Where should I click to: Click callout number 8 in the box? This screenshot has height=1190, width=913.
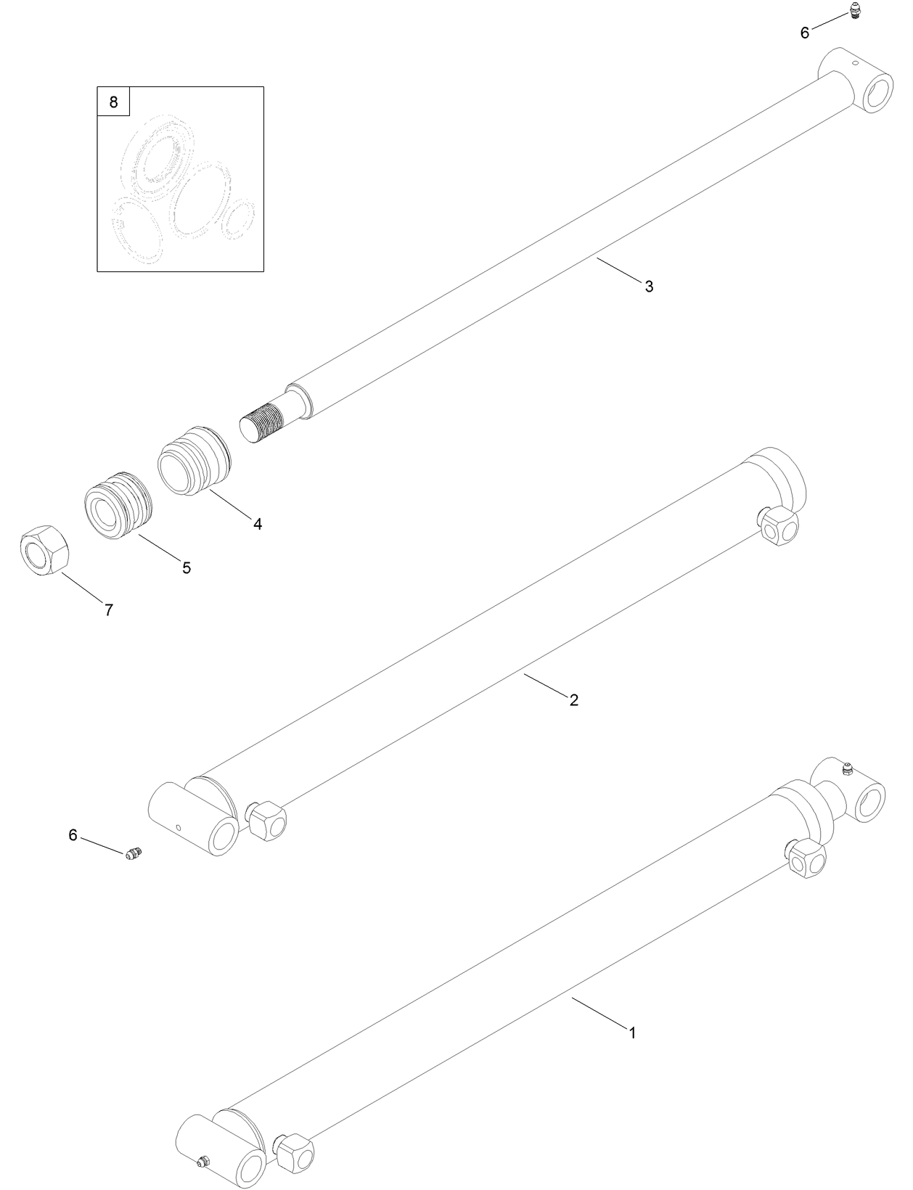pyautogui.click(x=113, y=102)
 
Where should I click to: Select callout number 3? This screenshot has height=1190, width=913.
pyautogui.click(x=649, y=287)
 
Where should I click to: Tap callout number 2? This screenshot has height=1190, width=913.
pyautogui.click(x=573, y=700)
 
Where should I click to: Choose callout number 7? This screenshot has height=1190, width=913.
pyautogui.click(x=109, y=610)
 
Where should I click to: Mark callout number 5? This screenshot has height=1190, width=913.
pyautogui.click(x=187, y=568)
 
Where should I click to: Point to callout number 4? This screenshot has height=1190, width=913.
pyautogui.click(x=258, y=523)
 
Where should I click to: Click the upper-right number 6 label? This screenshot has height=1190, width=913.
pyautogui.click(x=805, y=33)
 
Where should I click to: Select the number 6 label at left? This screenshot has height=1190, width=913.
pyautogui.click(x=73, y=835)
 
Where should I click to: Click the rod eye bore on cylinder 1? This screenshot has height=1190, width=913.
pyautogui.click(x=869, y=804)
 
